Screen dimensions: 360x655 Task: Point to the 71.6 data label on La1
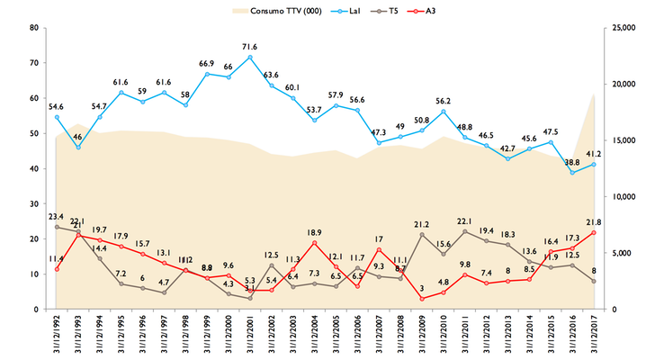click(249, 47)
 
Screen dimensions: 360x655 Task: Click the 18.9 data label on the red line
click(314, 232)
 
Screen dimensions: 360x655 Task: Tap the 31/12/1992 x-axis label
click(56, 336)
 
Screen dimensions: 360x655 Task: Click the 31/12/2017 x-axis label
click(594, 336)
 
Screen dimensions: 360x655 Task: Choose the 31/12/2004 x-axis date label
click(314, 336)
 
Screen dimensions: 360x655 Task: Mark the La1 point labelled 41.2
click(594, 164)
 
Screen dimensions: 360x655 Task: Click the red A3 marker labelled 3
click(422, 299)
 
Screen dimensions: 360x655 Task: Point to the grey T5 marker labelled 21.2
click(422, 235)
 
